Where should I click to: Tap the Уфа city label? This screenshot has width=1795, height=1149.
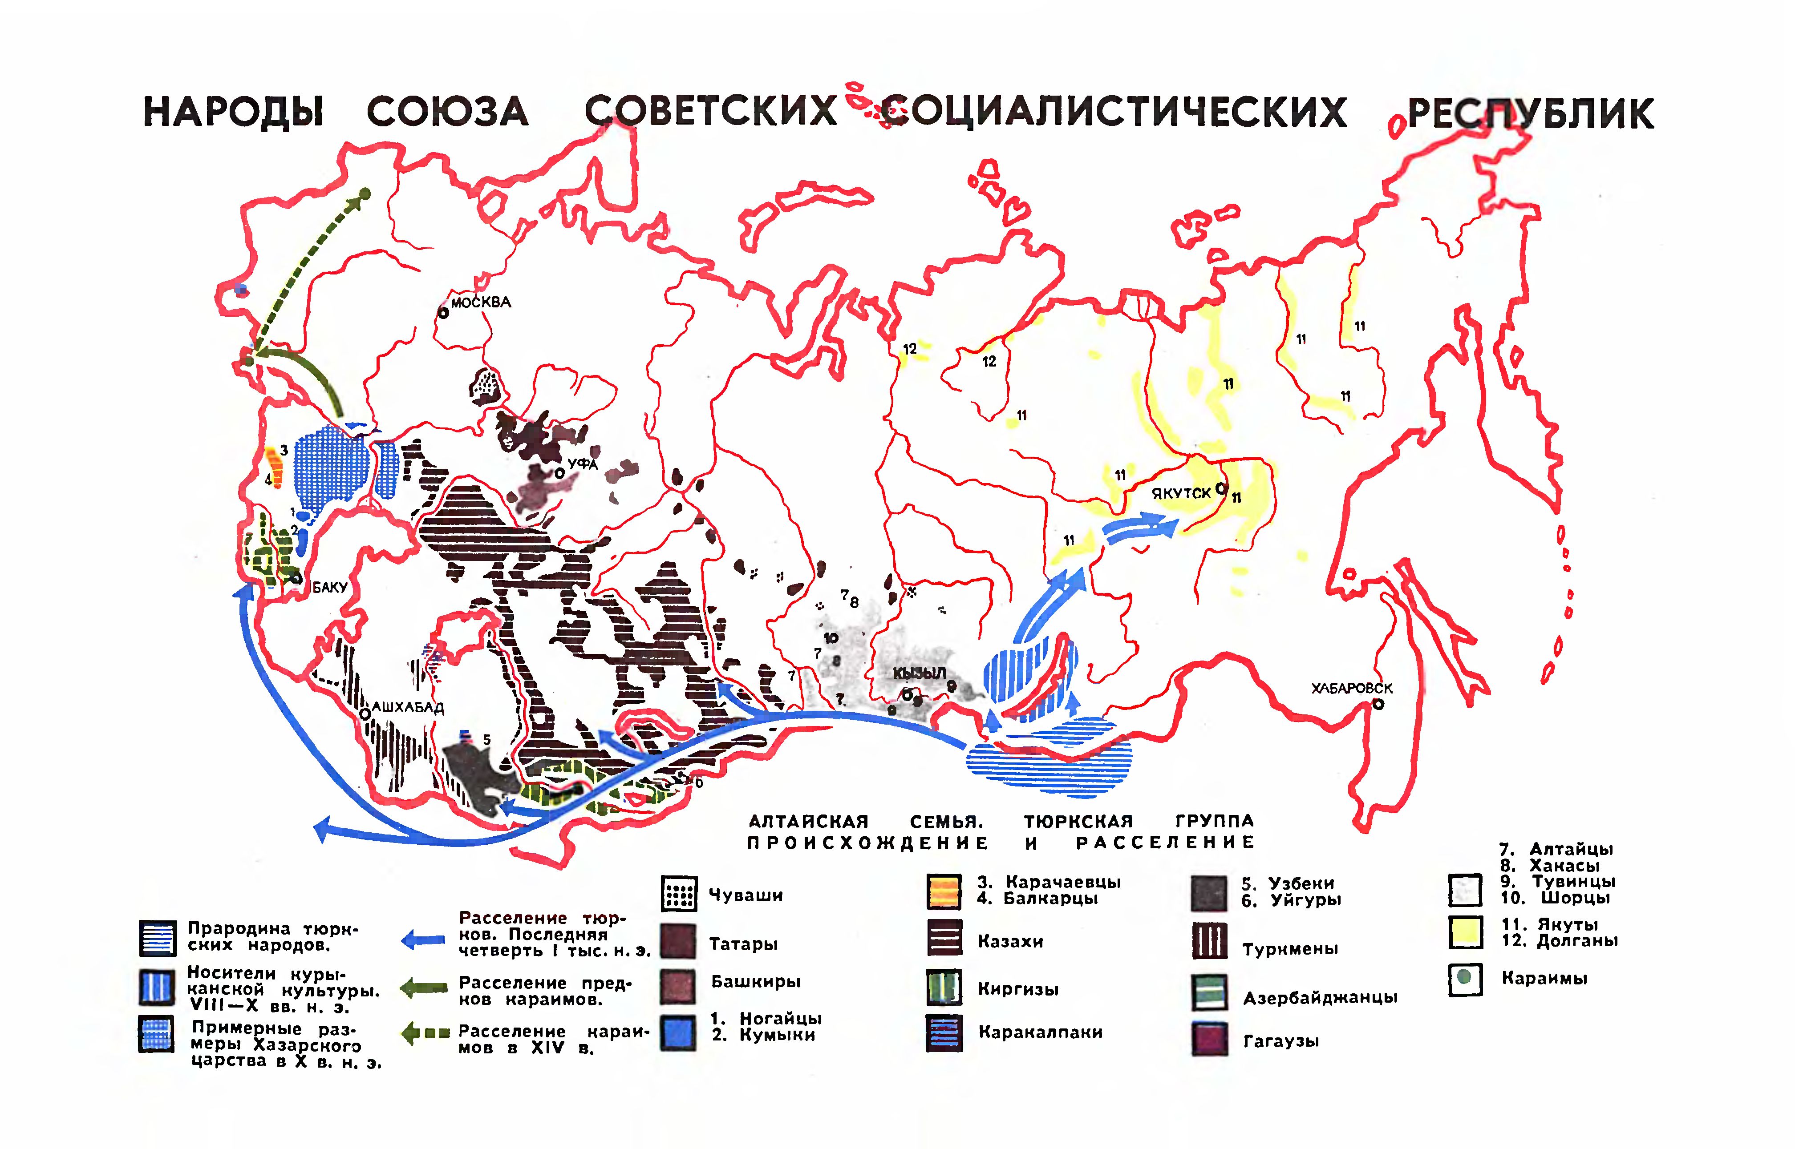[x=582, y=464]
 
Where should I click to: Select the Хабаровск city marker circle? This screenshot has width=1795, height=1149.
[x=1378, y=704]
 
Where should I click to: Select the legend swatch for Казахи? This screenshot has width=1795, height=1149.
[x=944, y=938]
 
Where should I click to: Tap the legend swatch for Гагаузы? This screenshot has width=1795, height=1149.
[x=1209, y=1039]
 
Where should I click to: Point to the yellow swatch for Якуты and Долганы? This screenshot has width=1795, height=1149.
[x=1465, y=932]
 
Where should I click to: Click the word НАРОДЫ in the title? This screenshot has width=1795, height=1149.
[x=233, y=112]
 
